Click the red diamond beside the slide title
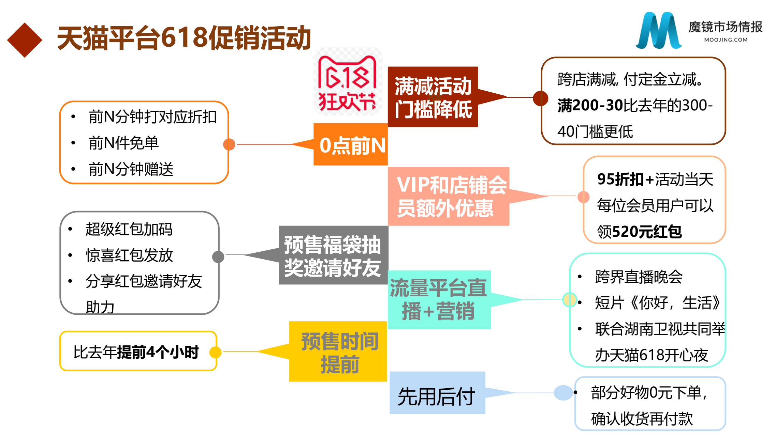pyautogui.click(x=25, y=40)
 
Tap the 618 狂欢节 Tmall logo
pyautogui.click(x=348, y=82)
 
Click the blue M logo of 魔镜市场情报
pyautogui.click(x=658, y=31)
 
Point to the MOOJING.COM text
pyautogui.click(x=726, y=40)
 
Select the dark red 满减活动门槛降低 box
pyautogui.click(x=433, y=97)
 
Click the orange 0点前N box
pyautogui.click(x=351, y=145)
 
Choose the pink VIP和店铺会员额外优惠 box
pyautogui.click(x=448, y=196)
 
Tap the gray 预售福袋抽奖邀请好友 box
pyautogui.click(x=333, y=255)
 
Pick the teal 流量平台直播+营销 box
pyautogui.click(x=439, y=299)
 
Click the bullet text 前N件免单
pyautogui.click(x=123, y=143)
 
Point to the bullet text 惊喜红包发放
pyautogui.click(x=130, y=255)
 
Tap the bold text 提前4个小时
pyautogui.click(x=158, y=352)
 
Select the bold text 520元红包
pyautogui.click(x=647, y=232)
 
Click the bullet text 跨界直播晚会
pyautogui.click(x=639, y=277)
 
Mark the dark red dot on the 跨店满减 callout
pyautogui.click(x=541, y=98)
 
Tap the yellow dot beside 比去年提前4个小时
pyautogui.click(x=215, y=352)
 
